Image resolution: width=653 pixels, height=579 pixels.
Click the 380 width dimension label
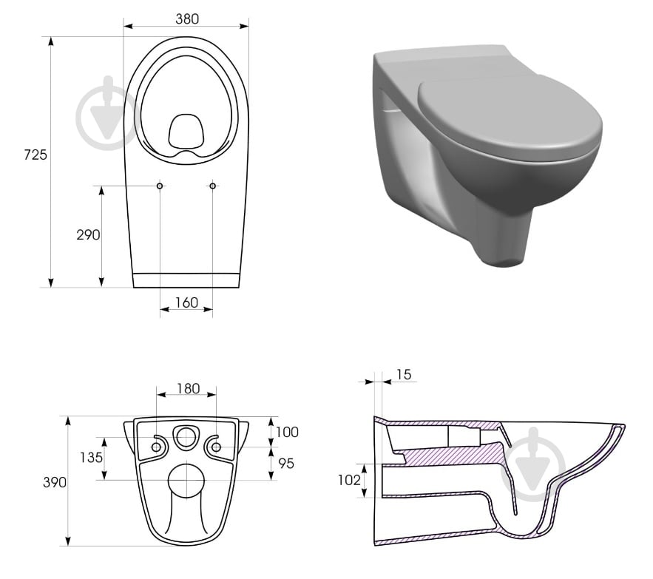click(x=187, y=19)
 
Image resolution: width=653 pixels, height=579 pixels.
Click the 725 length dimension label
click(x=35, y=155)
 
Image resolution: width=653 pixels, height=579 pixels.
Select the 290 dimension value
click(x=88, y=235)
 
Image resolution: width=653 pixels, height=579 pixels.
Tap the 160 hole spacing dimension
click(x=186, y=302)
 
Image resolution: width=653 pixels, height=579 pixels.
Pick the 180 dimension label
click(x=189, y=389)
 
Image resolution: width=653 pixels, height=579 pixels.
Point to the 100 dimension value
click(x=287, y=432)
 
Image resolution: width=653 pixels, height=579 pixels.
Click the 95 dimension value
click(x=286, y=463)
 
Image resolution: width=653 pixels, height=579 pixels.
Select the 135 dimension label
click(x=91, y=458)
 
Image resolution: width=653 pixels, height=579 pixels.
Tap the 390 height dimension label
click(x=55, y=482)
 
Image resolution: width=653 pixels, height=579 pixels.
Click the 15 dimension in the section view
click(x=404, y=374)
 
